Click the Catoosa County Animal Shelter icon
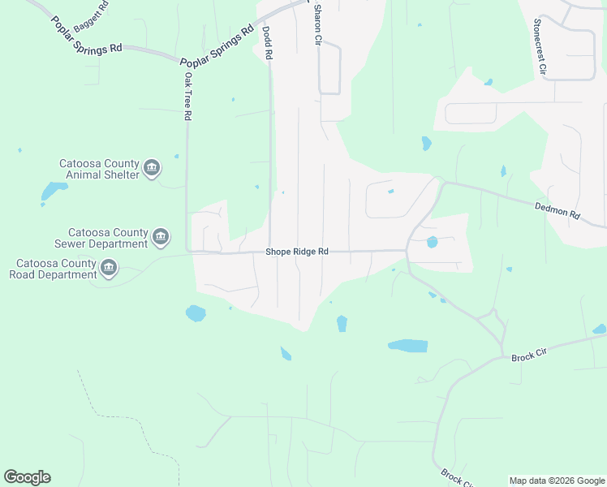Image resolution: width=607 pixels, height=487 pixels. tap(151, 169)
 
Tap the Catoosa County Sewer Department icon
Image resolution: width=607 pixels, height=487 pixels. tap(160, 237)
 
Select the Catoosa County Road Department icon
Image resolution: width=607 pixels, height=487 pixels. tap(109, 268)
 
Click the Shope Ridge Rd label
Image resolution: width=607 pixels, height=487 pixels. tap(297, 252)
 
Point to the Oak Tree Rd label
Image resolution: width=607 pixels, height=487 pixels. tap(187, 97)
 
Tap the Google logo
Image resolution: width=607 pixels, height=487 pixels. tap(27, 477)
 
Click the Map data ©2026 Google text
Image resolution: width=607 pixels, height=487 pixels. tap(557, 481)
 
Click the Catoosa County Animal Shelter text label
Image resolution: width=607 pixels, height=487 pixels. tap(99, 169)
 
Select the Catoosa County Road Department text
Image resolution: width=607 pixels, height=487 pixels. tap(54, 269)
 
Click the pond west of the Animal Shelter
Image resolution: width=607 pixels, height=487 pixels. tap(54, 192)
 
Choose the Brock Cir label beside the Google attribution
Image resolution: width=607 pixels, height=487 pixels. tap(457, 477)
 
